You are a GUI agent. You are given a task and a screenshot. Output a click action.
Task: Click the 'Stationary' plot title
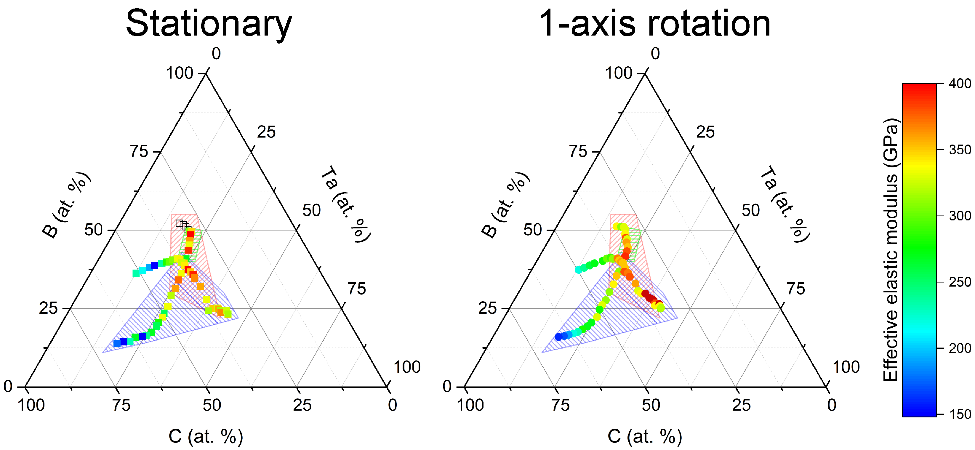tap(209, 23)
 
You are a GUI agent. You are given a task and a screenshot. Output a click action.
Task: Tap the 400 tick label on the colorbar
tap(960, 84)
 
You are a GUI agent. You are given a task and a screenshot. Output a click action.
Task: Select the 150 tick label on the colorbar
tap(960, 414)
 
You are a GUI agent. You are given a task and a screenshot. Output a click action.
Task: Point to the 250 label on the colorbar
tap(960, 282)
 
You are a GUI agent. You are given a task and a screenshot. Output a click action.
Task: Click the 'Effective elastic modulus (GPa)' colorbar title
tap(890, 250)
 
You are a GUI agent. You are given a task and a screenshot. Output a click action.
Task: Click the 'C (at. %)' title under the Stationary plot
tap(206, 436)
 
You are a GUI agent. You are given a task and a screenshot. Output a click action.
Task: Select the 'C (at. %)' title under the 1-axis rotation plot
tap(645, 436)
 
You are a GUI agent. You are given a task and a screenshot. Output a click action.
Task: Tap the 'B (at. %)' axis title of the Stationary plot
tap(67, 205)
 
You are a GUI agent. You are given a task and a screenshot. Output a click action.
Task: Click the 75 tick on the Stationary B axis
tap(139, 151)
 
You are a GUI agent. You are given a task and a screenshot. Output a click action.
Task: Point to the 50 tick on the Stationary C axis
tap(212, 405)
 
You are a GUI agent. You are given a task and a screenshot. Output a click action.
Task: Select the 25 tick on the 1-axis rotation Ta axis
tap(705, 132)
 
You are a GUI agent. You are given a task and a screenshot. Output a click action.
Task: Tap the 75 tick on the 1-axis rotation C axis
tap(560, 405)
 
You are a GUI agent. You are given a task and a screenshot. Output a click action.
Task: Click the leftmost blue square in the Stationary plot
tap(117, 343)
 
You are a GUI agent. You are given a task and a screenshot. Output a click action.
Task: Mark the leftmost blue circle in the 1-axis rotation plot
tap(558, 337)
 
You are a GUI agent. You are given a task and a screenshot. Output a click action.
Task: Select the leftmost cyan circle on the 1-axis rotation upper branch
tap(578, 270)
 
